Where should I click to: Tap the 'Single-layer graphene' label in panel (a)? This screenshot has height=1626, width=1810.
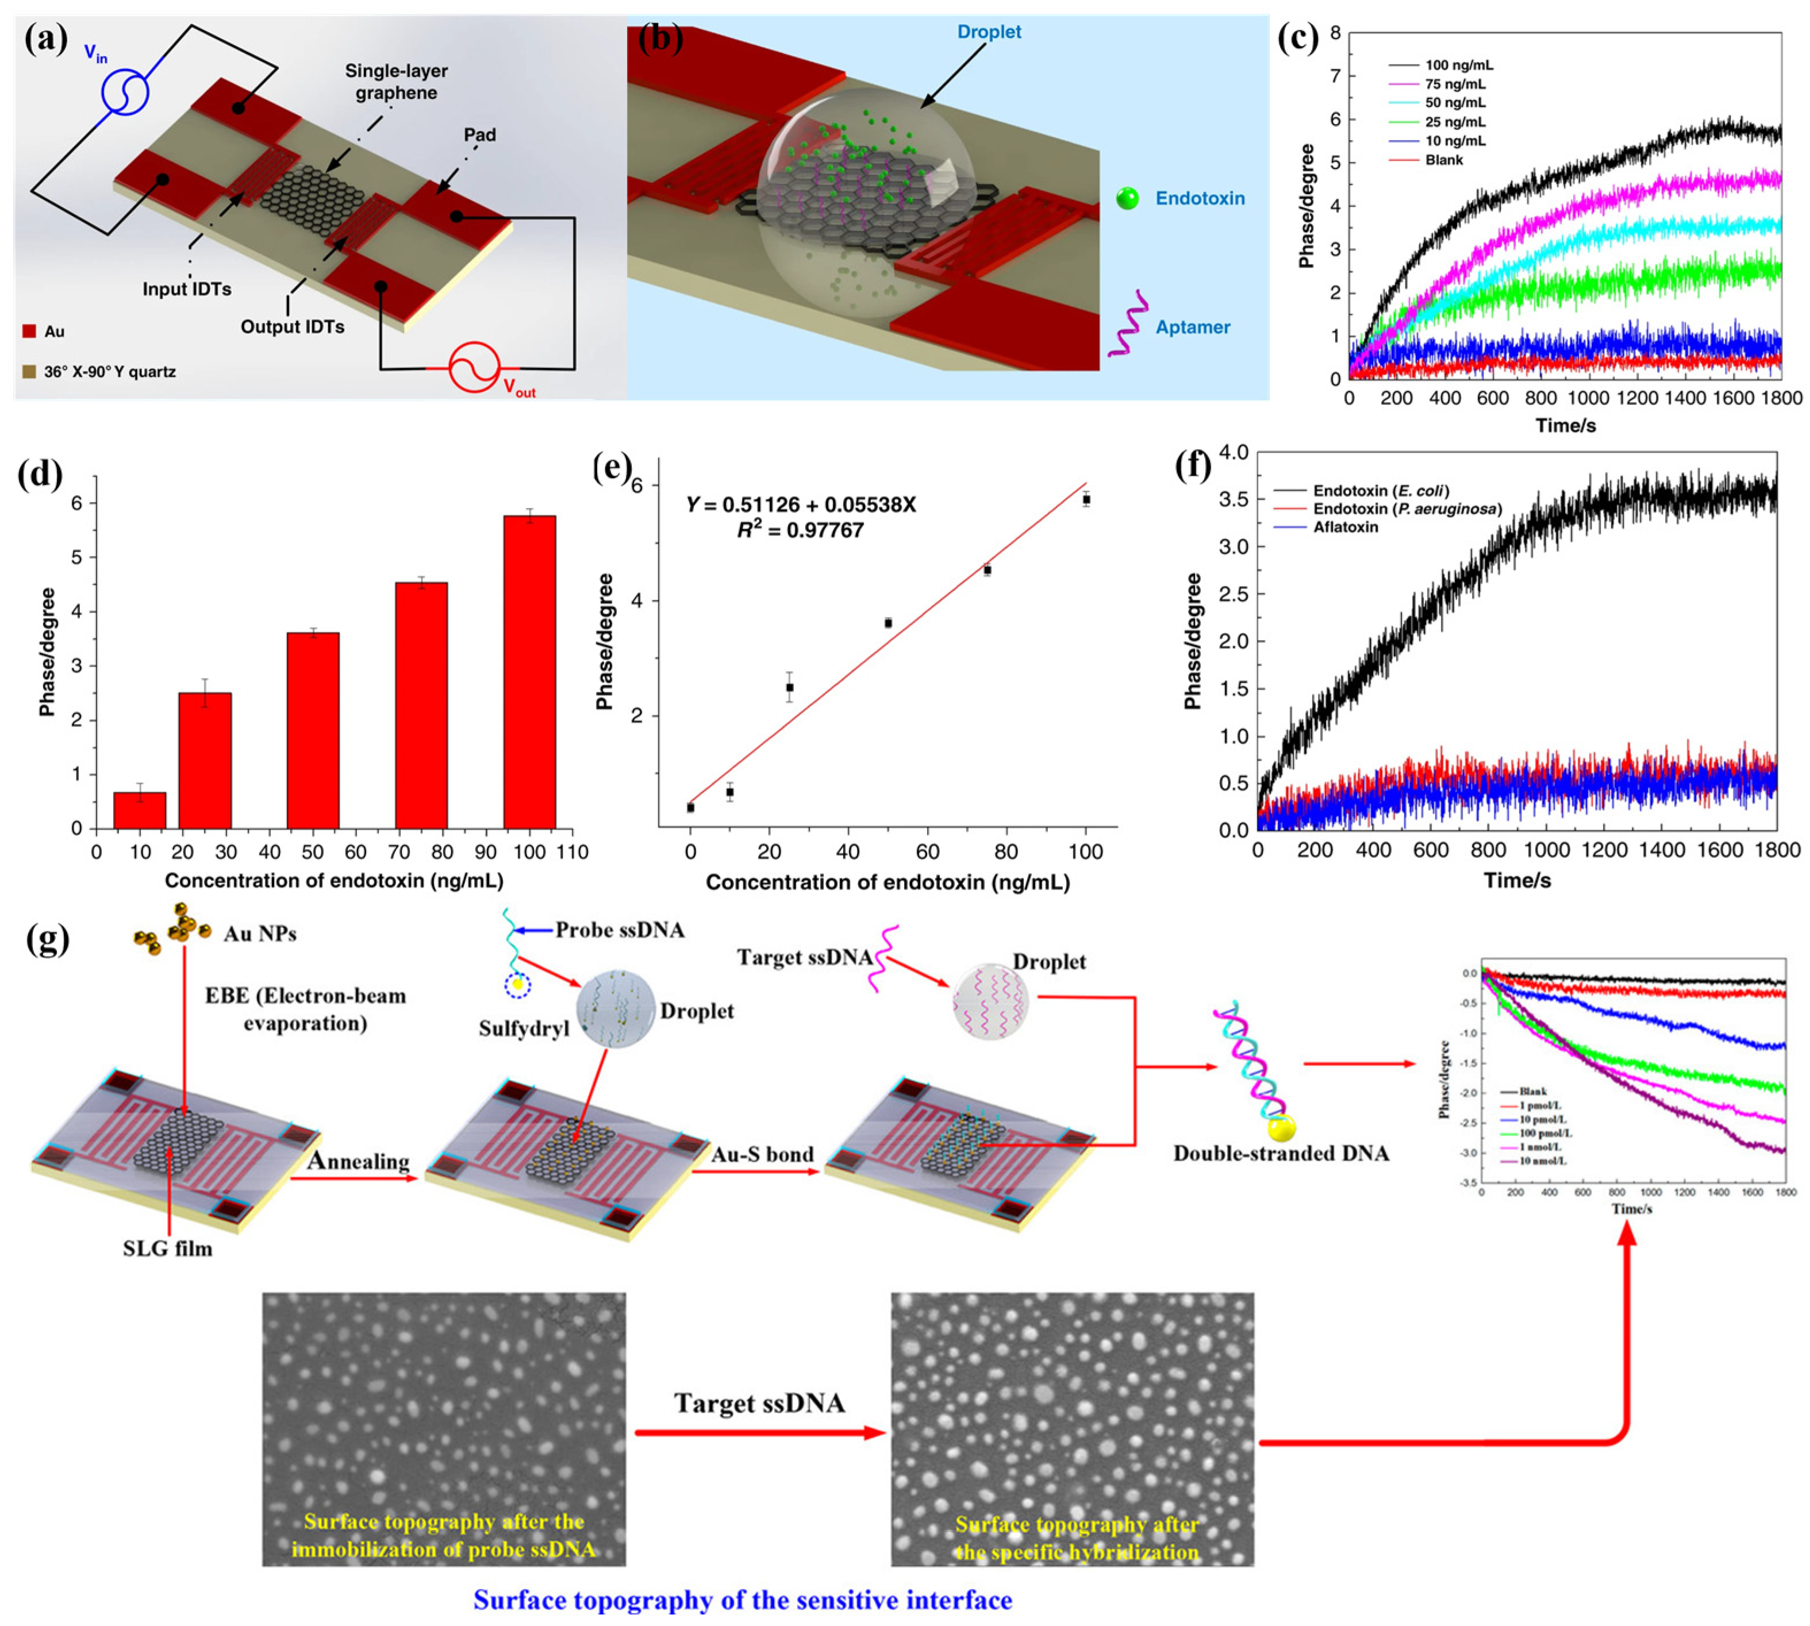[x=396, y=82]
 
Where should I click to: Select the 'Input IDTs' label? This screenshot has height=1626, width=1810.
[x=187, y=288]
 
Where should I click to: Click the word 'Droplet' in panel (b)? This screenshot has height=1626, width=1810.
[x=989, y=32]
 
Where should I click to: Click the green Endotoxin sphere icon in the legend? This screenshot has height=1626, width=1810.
[x=1127, y=198]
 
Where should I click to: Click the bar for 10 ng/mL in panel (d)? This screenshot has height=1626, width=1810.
[x=140, y=810]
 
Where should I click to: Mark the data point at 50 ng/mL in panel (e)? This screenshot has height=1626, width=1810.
[x=887, y=623]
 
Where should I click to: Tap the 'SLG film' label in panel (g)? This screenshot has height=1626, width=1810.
[x=168, y=1248]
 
